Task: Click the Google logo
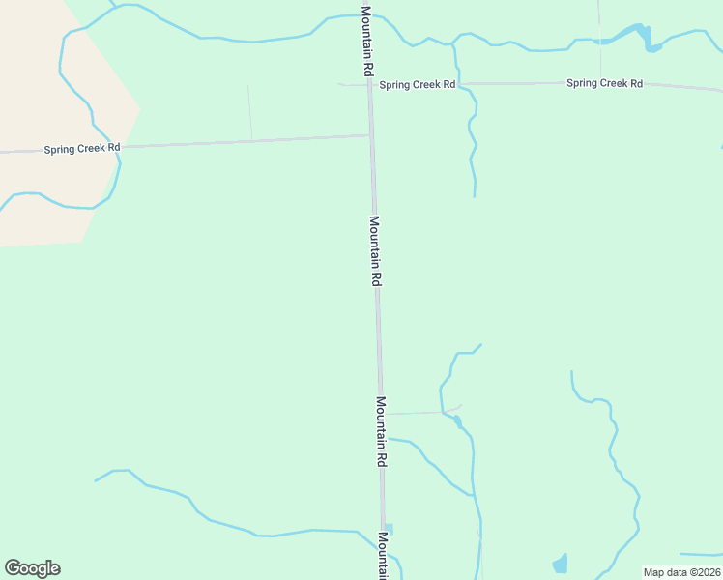(32, 568)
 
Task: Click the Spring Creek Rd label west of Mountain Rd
(82, 149)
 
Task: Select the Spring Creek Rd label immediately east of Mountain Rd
(417, 85)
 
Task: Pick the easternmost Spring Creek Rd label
(604, 83)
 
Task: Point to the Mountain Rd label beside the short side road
(382, 432)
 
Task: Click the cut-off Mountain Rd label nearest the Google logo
(384, 556)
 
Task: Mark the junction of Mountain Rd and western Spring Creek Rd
(371, 135)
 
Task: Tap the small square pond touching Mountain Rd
(390, 529)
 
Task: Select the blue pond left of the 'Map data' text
(560, 564)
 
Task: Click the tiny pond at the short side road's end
(457, 420)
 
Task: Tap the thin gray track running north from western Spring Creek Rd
(249, 112)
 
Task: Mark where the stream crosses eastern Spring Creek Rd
(457, 84)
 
